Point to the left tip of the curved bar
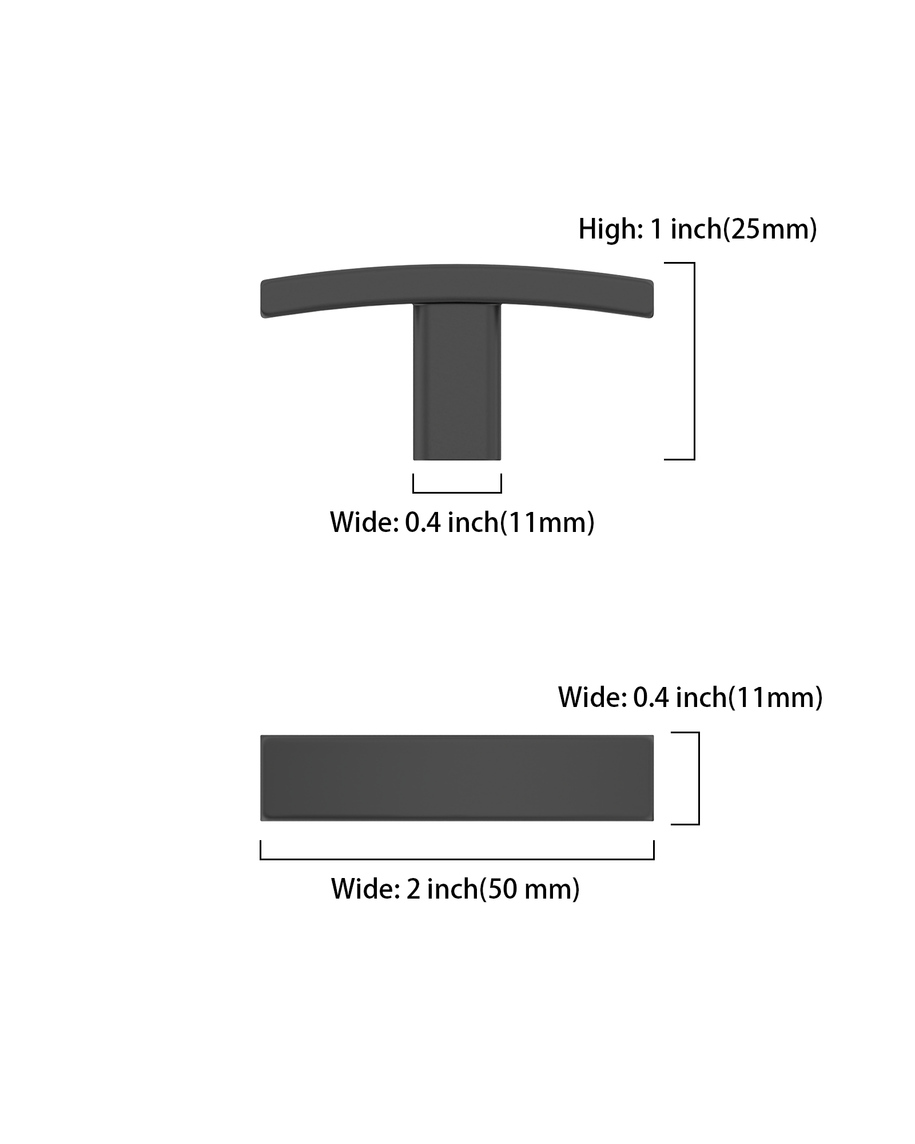(x=261, y=299)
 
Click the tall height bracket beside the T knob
(x=694, y=361)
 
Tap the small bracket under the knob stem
(x=457, y=492)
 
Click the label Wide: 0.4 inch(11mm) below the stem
(x=462, y=522)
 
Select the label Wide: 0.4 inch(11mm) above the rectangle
(x=690, y=697)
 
